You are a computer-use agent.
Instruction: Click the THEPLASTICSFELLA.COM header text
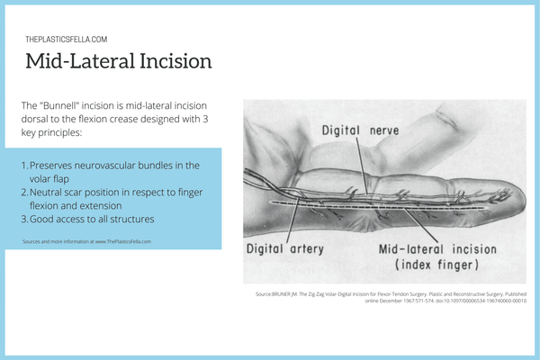click(x=67, y=40)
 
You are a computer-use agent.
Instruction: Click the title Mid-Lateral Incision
click(x=118, y=62)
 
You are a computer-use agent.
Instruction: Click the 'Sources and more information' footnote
click(x=86, y=241)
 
